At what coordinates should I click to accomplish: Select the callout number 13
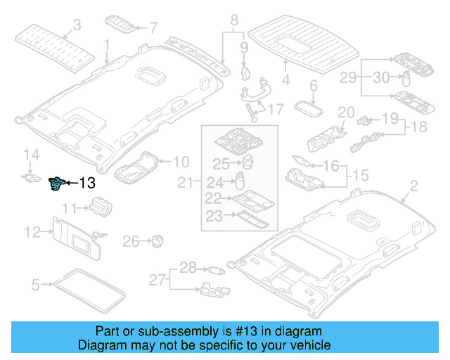coord(86,184)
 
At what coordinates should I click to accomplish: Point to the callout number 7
coord(153,28)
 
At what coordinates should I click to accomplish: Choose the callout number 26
coord(131,242)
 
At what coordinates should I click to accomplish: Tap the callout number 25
coord(221,165)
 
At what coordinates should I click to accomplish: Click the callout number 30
coord(381,78)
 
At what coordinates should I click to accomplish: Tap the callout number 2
coord(413,186)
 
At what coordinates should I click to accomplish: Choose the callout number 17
coord(275,109)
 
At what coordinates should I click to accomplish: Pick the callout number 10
coord(181,161)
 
